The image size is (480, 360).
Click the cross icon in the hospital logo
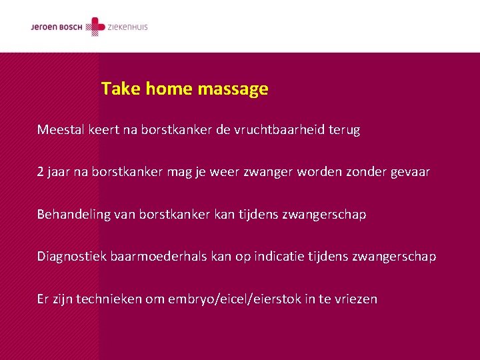pyautogui.click(x=98, y=27)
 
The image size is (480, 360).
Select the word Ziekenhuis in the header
pyautogui.click(x=128, y=27)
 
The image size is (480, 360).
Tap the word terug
pyautogui.click(x=345, y=131)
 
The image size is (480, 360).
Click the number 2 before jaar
pyautogui.click(x=41, y=172)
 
